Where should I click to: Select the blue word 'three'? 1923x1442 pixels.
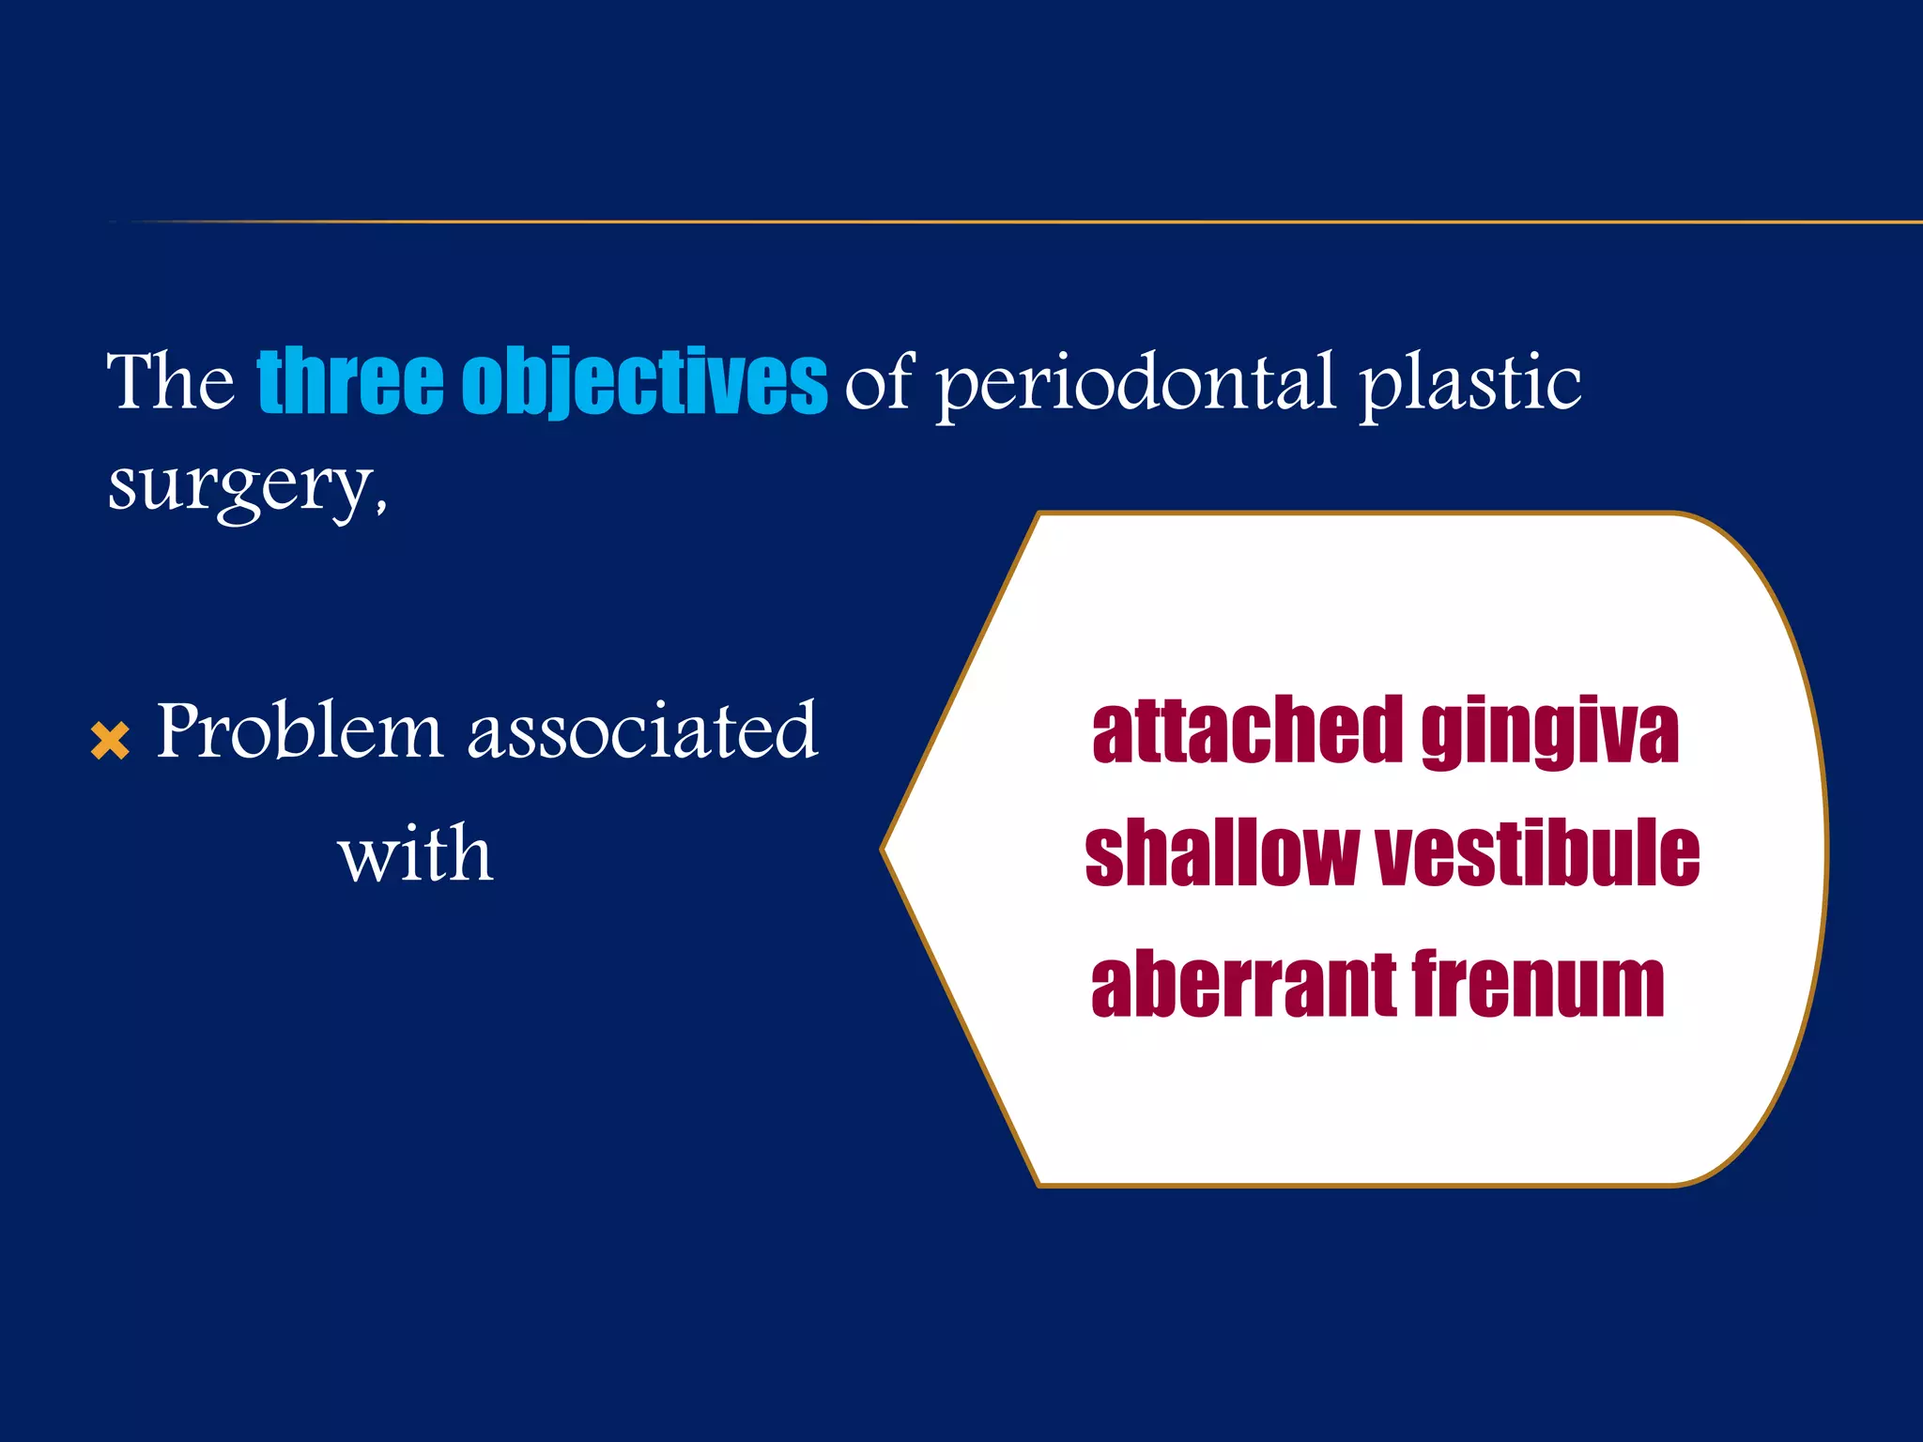point(349,381)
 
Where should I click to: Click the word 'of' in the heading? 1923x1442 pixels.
point(878,383)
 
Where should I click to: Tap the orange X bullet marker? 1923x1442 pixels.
point(110,741)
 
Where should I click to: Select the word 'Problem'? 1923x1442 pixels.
point(299,730)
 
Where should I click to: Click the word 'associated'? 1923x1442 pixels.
point(643,732)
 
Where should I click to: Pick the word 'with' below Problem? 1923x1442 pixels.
point(415,855)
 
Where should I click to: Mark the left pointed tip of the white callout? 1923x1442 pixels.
point(885,849)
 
